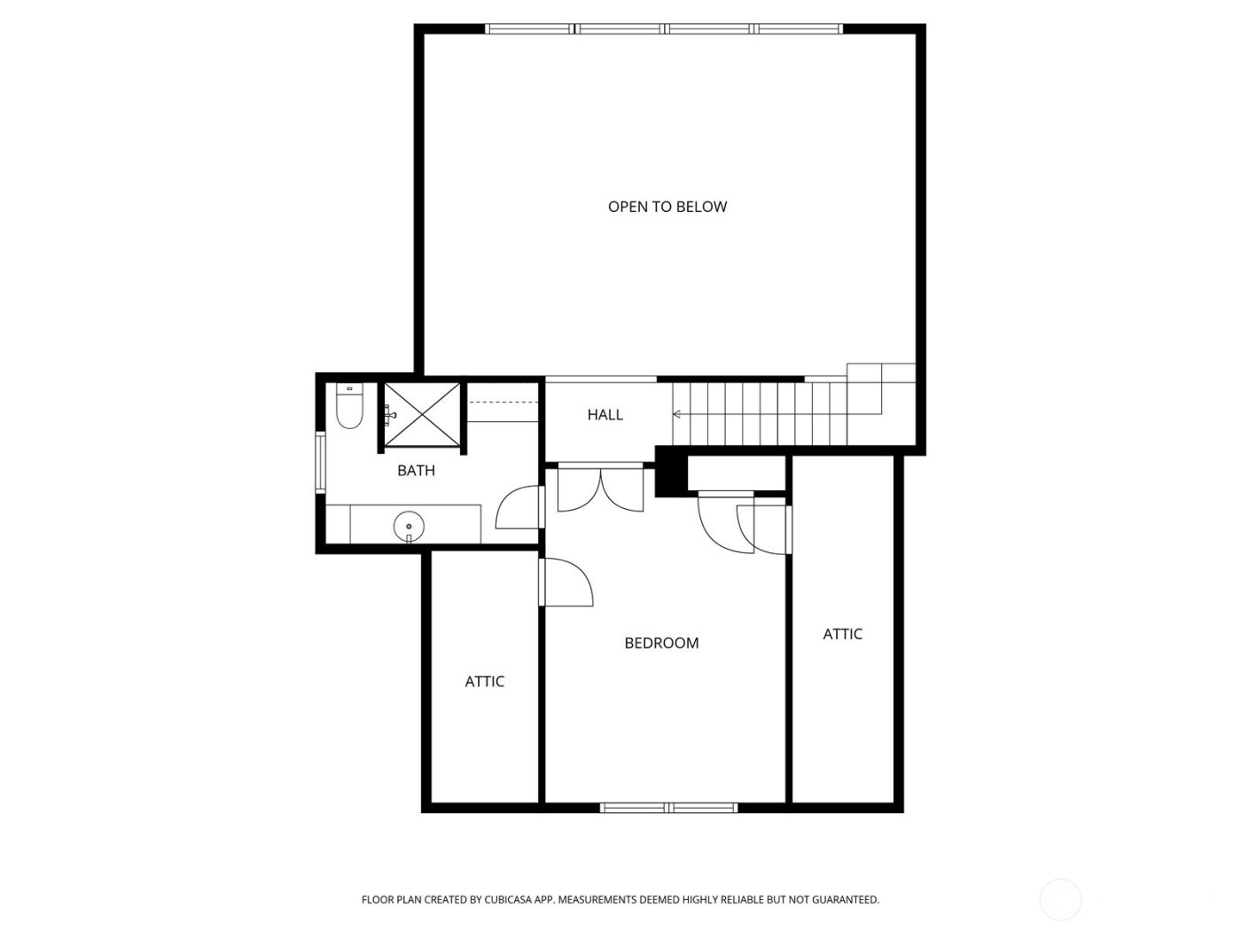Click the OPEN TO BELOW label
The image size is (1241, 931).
point(667,207)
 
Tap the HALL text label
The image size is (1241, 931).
point(605,414)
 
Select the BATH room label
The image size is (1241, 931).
point(416,471)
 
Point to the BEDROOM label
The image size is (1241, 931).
point(661,643)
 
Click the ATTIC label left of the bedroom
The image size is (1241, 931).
point(484,681)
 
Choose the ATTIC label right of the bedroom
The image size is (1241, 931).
point(842,634)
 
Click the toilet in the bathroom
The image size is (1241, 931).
point(349,408)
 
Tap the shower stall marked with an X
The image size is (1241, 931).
point(422,415)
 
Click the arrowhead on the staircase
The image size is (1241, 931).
point(677,414)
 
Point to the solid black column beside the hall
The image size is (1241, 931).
point(670,473)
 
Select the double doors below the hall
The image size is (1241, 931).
point(600,490)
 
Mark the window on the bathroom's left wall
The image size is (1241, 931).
point(321,461)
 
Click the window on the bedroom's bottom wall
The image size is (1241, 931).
point(668,808)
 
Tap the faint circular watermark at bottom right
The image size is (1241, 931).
point(1060,899)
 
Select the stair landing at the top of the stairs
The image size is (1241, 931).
point(879,388)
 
